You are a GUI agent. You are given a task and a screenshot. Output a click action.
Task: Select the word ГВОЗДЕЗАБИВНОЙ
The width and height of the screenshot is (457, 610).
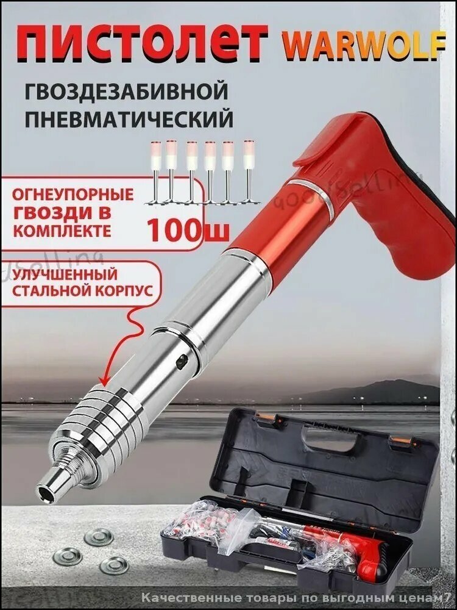point(126,92)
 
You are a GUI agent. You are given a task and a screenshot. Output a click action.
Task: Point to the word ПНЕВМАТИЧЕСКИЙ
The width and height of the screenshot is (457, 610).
point(129,118)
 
